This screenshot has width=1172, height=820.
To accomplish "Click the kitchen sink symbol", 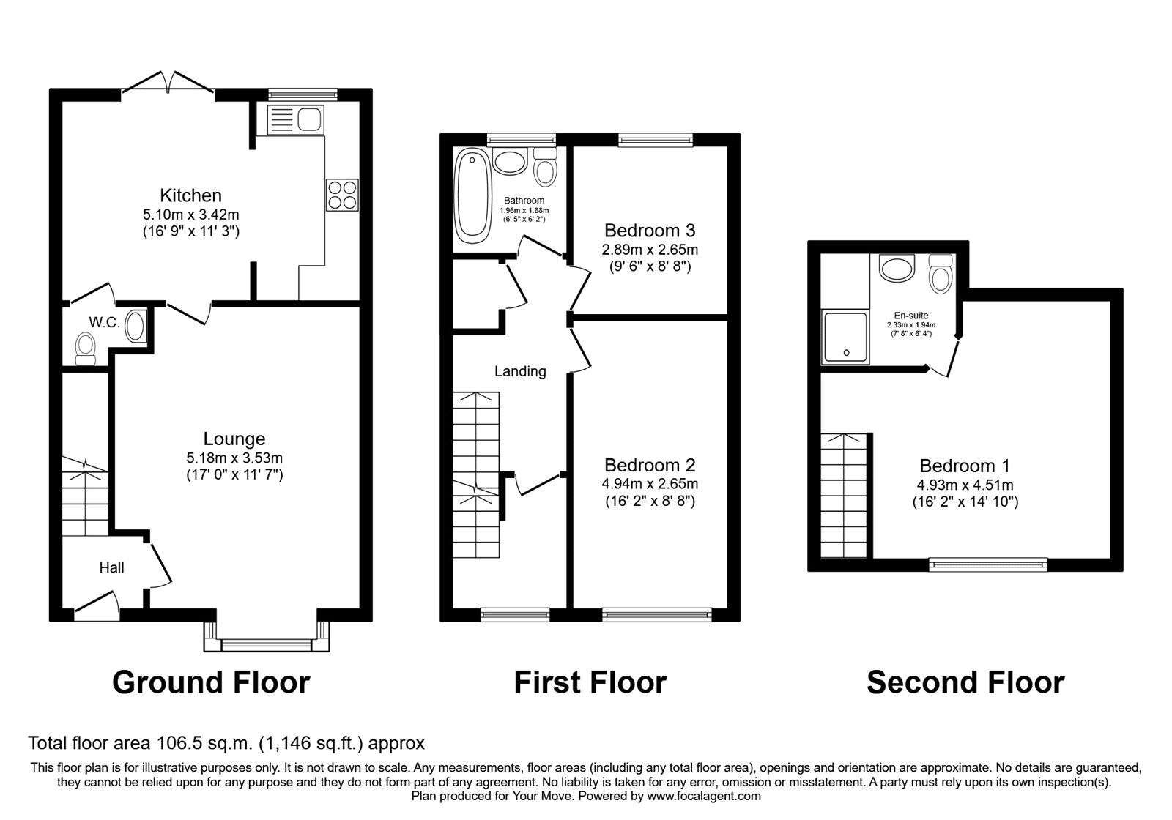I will coord(295,119).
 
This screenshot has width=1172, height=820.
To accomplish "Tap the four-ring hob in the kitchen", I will coord(342,195).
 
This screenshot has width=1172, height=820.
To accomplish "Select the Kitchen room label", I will coord(190,195).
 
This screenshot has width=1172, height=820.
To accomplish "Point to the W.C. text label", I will coord(104,322).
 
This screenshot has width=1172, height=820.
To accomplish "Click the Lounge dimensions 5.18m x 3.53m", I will coord(234,458).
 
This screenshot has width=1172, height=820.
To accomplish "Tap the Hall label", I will coord(112,567).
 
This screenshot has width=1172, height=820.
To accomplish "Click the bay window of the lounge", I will coord(267,644).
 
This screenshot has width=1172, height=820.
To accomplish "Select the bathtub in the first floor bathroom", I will coord(472,195).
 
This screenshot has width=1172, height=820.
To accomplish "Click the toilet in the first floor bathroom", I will coord(544,168).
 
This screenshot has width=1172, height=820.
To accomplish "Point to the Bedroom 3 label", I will coord(649,231).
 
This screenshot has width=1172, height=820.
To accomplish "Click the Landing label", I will coord(520,371).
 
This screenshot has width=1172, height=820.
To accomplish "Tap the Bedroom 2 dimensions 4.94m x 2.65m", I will coord(650,484).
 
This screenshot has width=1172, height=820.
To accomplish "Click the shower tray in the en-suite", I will coord(846,337).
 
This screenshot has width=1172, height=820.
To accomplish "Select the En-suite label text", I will coord(911,316).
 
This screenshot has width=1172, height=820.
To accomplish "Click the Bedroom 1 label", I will coord(965,466).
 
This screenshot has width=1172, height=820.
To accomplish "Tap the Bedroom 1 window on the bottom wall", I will coord(988,564).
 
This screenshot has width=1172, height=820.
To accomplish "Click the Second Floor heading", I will coord(965,682).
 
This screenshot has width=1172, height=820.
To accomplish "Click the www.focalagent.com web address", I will coord(704,796).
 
